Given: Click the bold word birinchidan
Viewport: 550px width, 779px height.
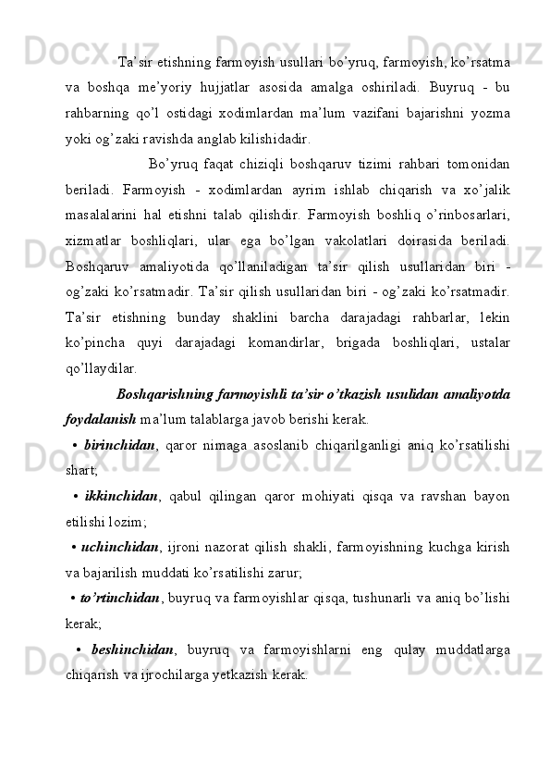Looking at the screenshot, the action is (x=118, y=443).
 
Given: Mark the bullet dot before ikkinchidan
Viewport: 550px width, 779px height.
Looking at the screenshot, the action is (x=74, y=496).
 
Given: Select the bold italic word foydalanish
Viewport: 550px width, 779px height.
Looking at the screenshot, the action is (x=100, y=417).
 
